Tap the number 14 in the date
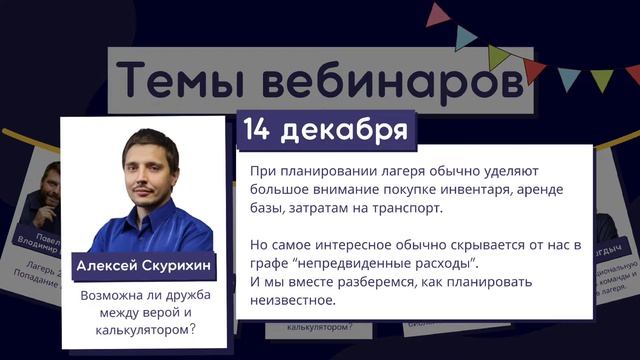tap(261, 130)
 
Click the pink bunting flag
tap(437, 15)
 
